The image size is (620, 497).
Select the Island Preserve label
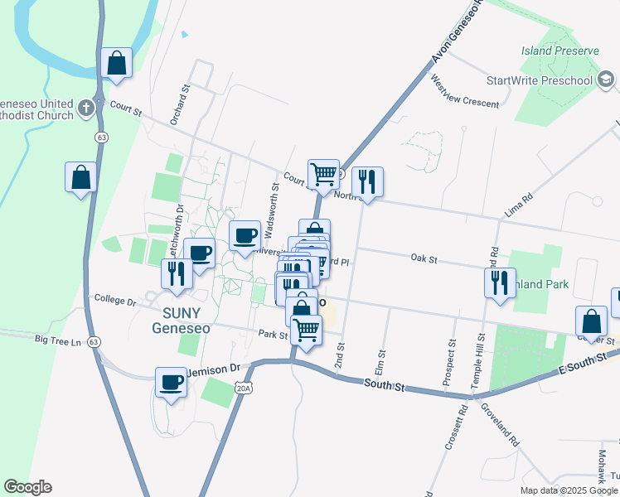pos(559,51)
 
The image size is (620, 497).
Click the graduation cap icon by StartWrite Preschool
pos(605,80)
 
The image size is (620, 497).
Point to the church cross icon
pos(86,108)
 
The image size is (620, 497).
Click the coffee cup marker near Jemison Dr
pos(172,383)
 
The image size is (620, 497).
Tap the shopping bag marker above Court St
pos(116,63)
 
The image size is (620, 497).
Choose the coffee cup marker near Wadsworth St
pos(245,236)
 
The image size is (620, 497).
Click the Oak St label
pos(424,258)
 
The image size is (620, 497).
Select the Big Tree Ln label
pos(59,340)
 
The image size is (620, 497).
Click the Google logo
pos(27,487)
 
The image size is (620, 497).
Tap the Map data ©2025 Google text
pos(568,490)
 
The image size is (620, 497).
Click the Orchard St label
pos(180,104)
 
